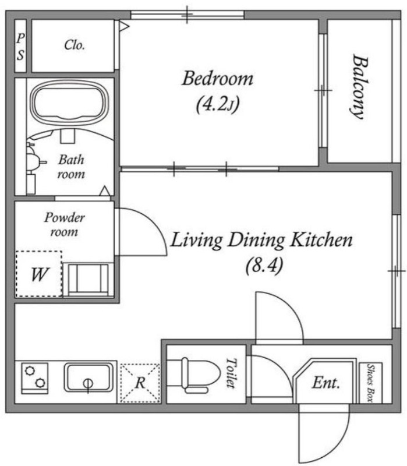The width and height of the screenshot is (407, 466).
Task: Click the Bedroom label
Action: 217,79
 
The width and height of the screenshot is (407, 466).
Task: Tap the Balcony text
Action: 359,86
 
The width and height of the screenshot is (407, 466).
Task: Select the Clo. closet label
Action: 75,45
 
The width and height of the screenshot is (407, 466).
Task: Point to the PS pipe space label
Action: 20,47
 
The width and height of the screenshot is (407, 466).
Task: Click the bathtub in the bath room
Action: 70,103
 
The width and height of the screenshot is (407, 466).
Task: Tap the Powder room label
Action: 65,224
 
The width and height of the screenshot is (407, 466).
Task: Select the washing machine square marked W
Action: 39,274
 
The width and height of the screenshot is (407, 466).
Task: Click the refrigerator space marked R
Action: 140,383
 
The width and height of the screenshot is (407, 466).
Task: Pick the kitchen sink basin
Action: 89,377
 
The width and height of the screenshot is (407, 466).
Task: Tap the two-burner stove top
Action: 35,377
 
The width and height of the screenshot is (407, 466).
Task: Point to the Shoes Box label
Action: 370,383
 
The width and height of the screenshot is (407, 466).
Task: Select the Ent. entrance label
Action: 325,383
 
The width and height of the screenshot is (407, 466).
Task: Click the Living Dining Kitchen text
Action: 262,239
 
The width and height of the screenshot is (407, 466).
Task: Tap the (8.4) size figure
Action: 264,265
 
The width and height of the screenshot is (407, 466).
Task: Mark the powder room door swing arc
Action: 154,224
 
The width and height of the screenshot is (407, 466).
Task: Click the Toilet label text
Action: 231,373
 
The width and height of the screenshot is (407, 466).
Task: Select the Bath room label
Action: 71,167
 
